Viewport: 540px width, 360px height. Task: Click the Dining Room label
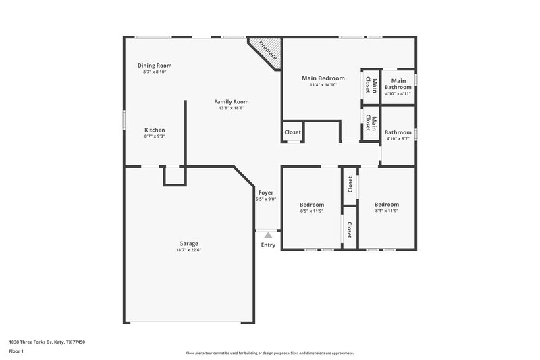[x=155, y=66]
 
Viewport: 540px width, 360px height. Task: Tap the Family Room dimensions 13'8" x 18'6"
[x=231, y=108]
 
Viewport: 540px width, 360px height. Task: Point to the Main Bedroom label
[x=323, y=78]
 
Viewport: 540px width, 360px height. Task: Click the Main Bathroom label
[x=398, y=84]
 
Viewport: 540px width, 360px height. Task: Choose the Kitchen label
[x=155, y=130]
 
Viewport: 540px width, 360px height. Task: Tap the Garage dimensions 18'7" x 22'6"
[x=189, y=250]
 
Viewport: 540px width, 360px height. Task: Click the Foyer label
[x=266, y=192]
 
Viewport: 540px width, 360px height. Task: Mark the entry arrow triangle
[x=268, y=234]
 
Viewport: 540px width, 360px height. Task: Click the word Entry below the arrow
[x=268, y=245]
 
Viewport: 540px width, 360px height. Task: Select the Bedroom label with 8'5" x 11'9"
[x=312, y=205]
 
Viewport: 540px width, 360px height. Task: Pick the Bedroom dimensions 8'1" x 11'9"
[x=387, y=211]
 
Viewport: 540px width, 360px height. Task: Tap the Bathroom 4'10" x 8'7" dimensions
[x=398, y=139]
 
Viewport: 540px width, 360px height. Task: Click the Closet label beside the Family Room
[x=292, y=132]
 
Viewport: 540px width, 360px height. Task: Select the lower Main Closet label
[x=371, y=123]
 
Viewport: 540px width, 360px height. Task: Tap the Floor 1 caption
[x=17, y=351]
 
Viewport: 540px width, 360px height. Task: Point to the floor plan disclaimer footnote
[x=269, y=353]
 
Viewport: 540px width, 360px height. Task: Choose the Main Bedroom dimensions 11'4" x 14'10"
[x=323, y=85]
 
